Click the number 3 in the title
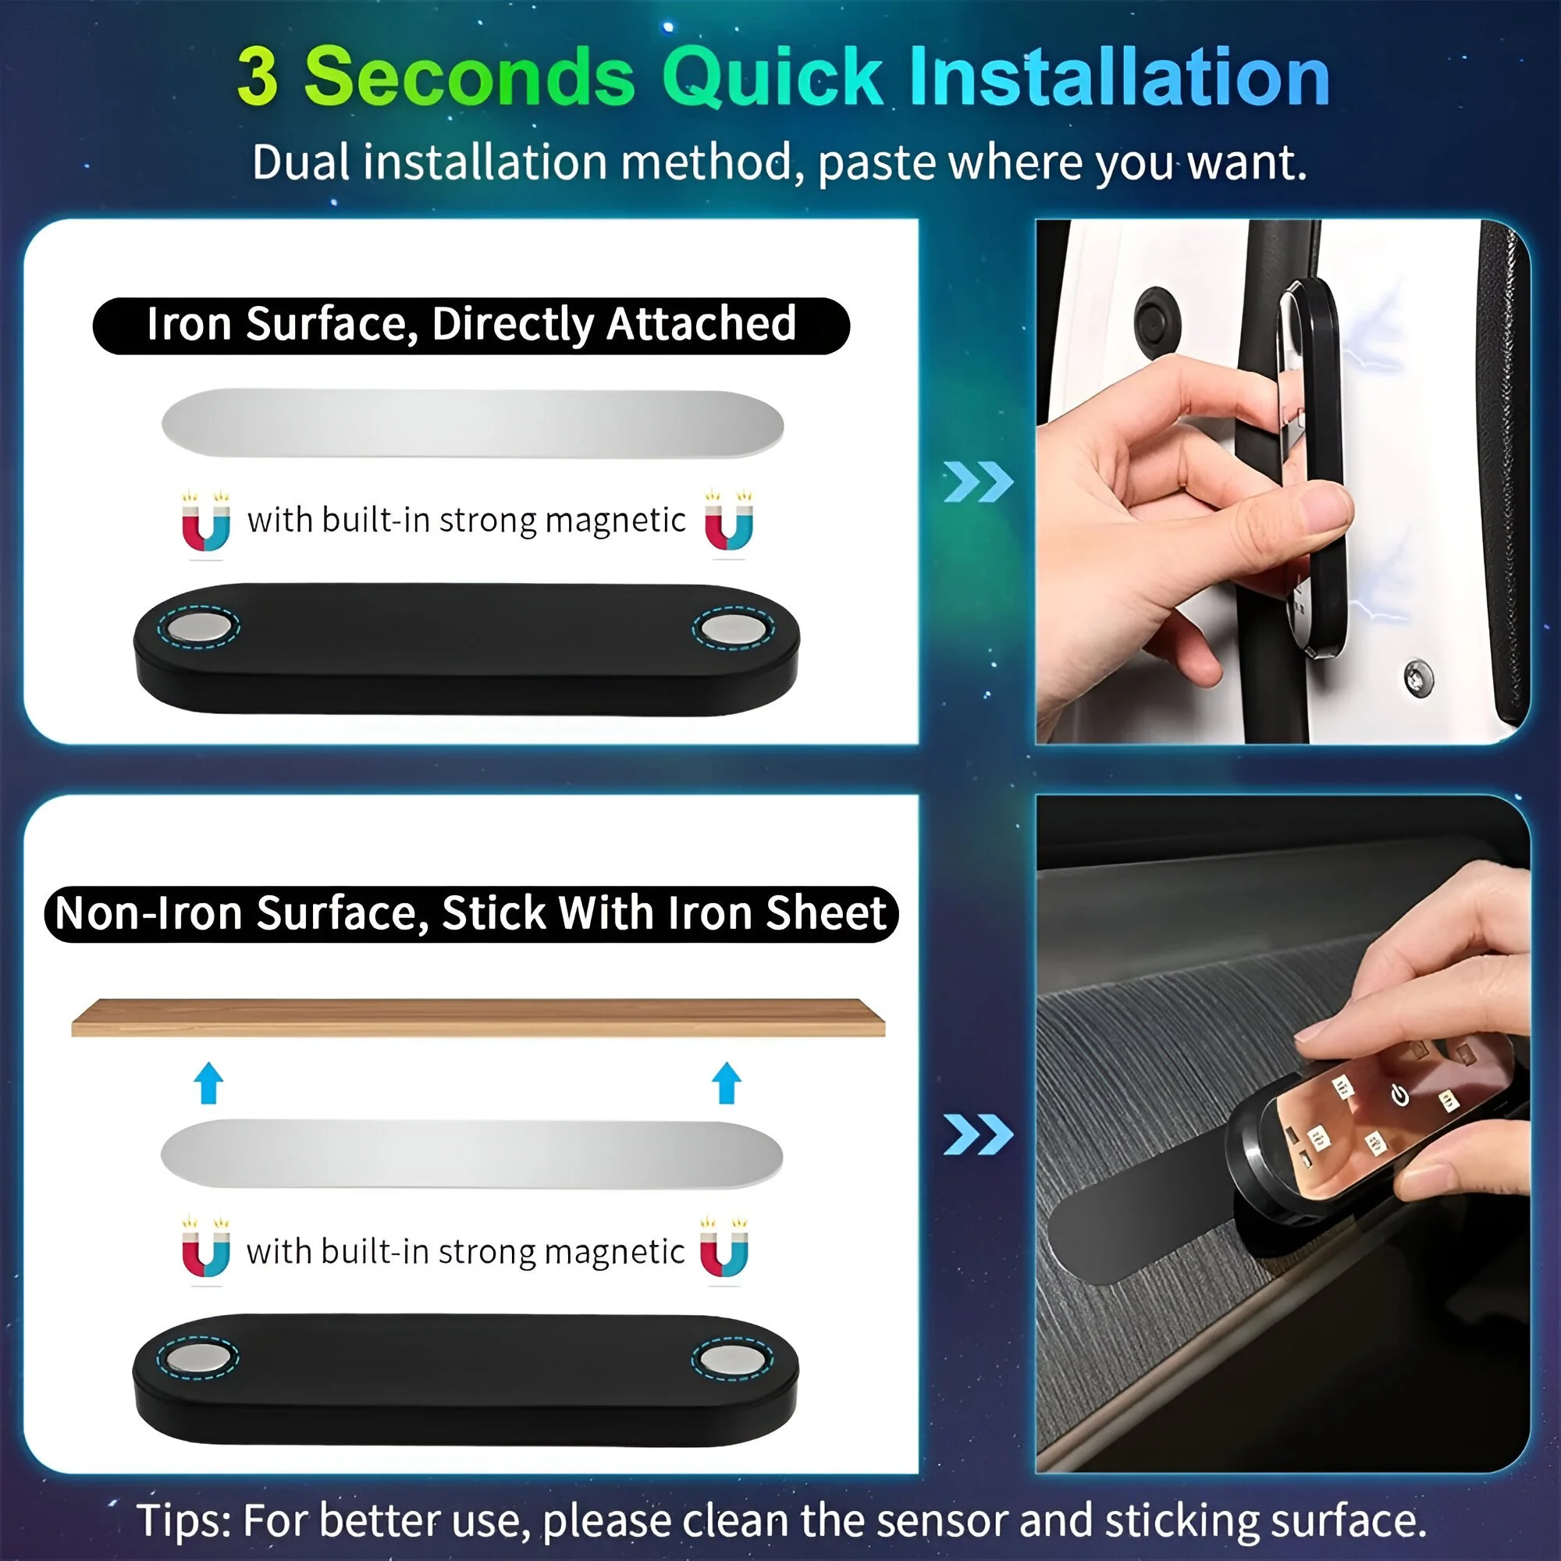coord(258,76)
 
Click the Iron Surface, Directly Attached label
coord(471,325)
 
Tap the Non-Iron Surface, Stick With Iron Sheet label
coord(471,913)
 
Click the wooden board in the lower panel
coord(478,1017)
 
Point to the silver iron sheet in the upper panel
coord(473,423)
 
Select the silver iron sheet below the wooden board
coord(472,1154)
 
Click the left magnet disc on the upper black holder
coord(199,628)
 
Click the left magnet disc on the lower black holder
coord(198,1358)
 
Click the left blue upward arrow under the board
coord(209,1083)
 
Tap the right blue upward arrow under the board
coord(727,1083)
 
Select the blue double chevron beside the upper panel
coord(979,482)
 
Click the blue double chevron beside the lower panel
coord(979,1134)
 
